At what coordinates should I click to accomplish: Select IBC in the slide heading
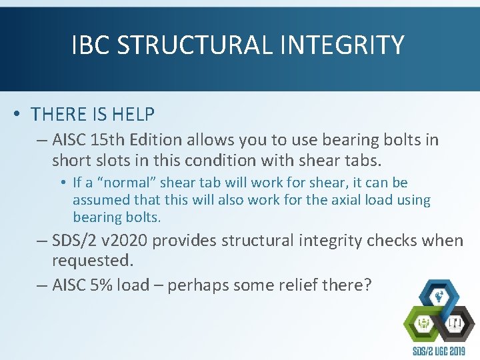91,45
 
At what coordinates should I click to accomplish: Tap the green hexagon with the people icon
425,325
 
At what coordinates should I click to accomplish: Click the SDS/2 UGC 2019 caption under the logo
440,352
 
